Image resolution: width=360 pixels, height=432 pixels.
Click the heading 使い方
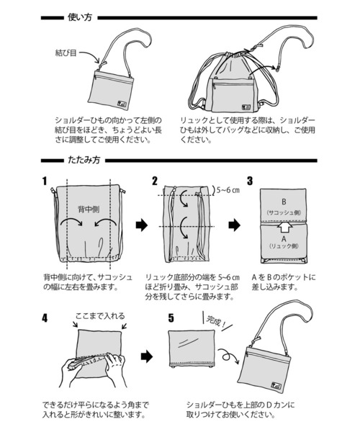(80, 17)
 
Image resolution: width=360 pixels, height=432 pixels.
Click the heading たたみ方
(84, 160)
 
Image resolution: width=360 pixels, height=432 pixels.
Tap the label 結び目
(66, 53)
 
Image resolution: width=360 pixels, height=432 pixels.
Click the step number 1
(45, 181)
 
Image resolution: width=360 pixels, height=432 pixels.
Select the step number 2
(155, 181)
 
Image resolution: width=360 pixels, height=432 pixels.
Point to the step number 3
(250, 181)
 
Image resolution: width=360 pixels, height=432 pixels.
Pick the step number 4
(45, 318)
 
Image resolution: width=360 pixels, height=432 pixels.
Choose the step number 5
(171, 318)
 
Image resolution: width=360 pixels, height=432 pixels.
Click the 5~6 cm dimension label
(228, 190)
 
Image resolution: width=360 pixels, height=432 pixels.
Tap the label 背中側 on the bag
(89, 210)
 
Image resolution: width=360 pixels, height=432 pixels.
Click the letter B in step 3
(284, 202)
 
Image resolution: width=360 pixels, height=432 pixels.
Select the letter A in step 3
(284, 238)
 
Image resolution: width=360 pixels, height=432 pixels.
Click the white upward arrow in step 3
(284, 228)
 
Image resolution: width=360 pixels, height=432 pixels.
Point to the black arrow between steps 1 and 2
(142, 225)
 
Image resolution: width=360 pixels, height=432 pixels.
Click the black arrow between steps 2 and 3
(235, 225)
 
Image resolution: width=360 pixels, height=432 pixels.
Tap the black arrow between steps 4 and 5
(147, 356)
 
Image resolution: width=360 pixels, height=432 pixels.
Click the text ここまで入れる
(100, 316)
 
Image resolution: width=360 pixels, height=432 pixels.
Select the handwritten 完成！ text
(216, 321)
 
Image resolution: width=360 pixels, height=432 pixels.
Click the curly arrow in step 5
(228, 355)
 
